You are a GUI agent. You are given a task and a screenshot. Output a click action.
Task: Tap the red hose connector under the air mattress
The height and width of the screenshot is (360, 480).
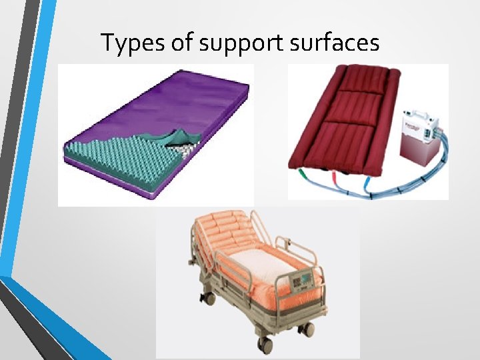click(x=333, y=179)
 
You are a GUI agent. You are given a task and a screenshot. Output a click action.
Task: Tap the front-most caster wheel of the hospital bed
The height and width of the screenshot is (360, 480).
click(x=265, y=345)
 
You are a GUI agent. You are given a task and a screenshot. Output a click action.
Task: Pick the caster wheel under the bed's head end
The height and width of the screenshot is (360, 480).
click(x=209, y=299)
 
